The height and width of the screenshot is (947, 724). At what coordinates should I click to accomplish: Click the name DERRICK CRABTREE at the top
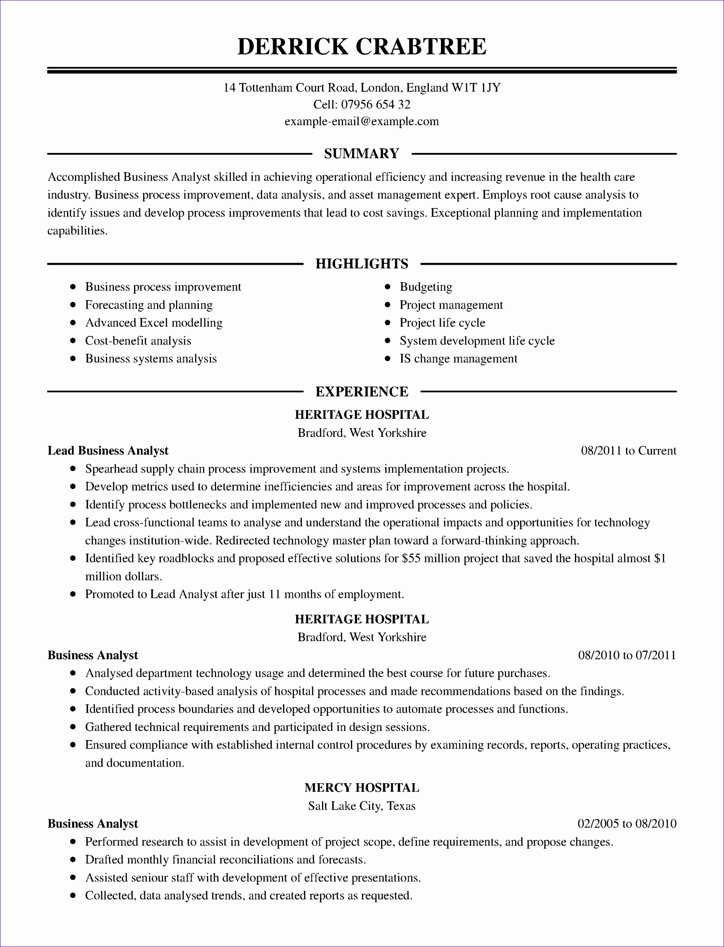[x=361, y=46]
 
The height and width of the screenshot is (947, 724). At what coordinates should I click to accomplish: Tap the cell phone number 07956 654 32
[x=375, y=105]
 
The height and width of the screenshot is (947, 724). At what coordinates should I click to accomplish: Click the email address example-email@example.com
[x=361, y=121]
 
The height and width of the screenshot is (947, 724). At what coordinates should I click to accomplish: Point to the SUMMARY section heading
[x=361, y=153]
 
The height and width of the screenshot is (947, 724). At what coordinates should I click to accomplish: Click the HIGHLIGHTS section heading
[x=361, y=264]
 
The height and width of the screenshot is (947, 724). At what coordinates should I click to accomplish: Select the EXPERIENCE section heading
[x=361, y=391]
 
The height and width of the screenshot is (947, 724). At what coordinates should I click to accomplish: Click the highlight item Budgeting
[x=426, y=287]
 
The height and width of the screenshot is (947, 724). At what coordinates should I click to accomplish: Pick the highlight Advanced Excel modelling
[x=154, y=323]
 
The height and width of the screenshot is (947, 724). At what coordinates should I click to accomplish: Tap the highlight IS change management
[x=458, y=359]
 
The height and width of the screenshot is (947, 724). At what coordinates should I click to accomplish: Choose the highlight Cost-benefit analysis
[x=138, y=341]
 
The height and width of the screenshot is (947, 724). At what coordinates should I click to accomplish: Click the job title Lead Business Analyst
[x=108, y=451]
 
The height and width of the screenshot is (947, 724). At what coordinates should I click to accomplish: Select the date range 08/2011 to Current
[x=629, y=451]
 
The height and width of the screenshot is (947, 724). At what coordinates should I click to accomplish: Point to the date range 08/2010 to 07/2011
[x=626, y=655]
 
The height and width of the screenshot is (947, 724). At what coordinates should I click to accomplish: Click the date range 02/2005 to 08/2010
[x=626, y=824]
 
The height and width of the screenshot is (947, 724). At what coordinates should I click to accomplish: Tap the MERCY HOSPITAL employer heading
[x=361, y=788]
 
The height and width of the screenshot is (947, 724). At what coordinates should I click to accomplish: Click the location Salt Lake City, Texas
[x=361, y=806]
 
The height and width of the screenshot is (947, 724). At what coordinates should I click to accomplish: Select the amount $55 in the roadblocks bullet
[x=411, y=559]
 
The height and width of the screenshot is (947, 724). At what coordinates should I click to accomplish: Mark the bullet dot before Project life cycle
[x=387, y=323]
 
